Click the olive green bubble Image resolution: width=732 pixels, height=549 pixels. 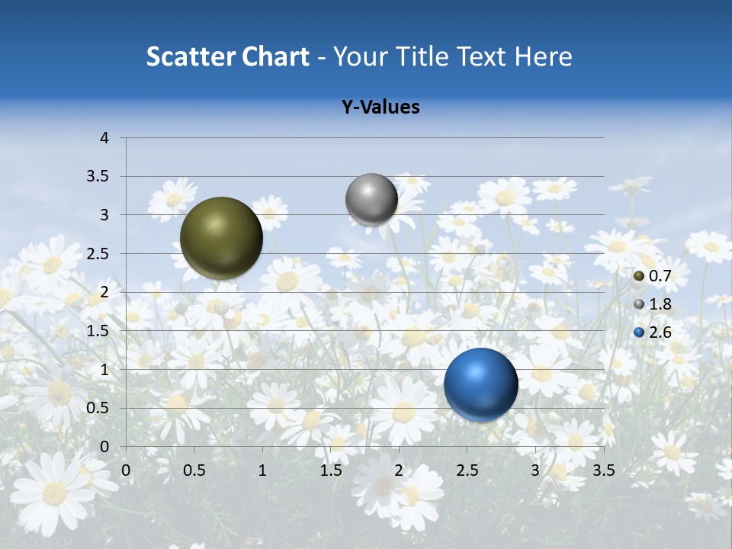tap(221, 238)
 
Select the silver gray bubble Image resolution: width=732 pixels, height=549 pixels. tap(371, 199)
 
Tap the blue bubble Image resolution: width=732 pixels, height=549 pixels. tap(480, 384)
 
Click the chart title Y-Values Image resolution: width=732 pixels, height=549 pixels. tap(380, 108)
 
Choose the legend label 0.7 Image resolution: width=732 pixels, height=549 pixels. tap(660, 276)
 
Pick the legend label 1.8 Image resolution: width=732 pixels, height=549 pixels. tap(660, 304)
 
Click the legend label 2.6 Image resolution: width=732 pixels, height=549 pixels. tap(660, 332)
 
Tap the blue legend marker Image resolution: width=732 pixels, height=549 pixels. tap(639, 332)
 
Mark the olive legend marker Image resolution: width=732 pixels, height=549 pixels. tap(639, 276)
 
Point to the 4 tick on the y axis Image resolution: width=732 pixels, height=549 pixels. tap(105, 138)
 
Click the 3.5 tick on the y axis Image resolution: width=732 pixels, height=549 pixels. tap(98, 177)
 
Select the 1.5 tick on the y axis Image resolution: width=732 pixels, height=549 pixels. tap(98, 331)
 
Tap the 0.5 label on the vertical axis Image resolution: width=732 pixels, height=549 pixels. tap(98, 408)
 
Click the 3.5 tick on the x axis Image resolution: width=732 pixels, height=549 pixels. tap(603, 470)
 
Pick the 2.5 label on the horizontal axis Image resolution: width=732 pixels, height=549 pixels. tap(467, 470)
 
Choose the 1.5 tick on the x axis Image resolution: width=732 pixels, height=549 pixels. tap(330, 470)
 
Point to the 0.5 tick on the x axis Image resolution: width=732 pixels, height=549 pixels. tap(194, 470)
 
